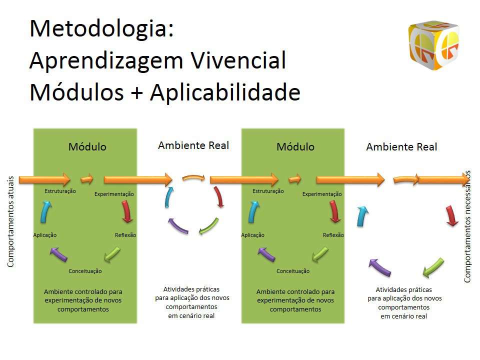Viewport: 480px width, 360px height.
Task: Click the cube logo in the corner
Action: [x=434, y=45]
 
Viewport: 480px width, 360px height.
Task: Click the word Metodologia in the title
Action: [x=98, y=28]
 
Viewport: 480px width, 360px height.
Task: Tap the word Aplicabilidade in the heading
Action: [x=225, y=92]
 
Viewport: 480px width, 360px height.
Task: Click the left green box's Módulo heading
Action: [x=87, y=147]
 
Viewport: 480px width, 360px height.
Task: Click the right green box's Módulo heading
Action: [x=295, y=147]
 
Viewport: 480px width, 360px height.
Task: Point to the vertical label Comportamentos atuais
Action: [x=10, y=221]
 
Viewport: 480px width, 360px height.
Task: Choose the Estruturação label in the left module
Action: [x=60, y=191]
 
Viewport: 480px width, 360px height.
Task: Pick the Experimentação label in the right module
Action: [x=322, y=194]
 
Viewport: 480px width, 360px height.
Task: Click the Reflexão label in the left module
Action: [x=125, y=235]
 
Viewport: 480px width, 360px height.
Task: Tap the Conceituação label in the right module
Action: [x=293, y=271]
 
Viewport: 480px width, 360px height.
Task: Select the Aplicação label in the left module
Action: [x=45, y=235]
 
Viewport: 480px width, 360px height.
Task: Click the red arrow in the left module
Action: [x=126, y=211]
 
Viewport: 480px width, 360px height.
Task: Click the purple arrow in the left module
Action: [x=58, y=254]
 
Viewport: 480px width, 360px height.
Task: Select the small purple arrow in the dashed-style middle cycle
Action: [x=177, y=226]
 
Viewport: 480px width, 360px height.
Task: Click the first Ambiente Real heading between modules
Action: [x=193, y=145]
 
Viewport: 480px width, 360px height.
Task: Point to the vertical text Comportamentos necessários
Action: [x=467, y=226]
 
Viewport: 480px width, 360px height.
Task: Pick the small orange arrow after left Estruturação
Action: [x=87, y=179]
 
